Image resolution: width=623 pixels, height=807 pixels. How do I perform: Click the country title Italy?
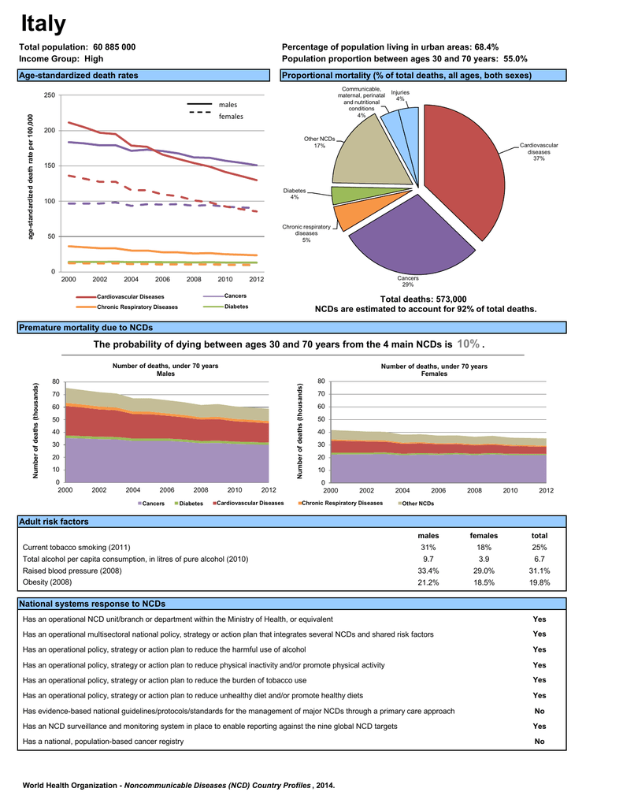43,24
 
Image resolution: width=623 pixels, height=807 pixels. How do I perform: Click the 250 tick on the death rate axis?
50,95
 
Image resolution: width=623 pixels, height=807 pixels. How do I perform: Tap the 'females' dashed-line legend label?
231,117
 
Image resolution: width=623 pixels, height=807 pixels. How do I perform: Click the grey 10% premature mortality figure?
468,344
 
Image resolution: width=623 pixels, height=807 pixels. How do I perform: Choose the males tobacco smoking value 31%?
428,548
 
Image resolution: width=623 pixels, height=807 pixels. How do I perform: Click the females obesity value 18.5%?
484,582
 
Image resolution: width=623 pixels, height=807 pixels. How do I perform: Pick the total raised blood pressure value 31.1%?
540,571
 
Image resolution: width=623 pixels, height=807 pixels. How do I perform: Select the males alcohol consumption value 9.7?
428,559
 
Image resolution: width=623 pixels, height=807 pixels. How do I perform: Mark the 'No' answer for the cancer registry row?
540,742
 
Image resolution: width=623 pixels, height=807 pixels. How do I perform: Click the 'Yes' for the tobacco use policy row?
540,680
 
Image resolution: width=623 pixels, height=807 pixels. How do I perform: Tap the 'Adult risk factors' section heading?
54,522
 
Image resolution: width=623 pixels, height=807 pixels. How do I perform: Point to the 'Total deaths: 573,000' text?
424,299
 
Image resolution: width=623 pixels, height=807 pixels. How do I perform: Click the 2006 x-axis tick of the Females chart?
439,490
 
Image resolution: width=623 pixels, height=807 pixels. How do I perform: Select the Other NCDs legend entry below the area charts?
416,504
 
